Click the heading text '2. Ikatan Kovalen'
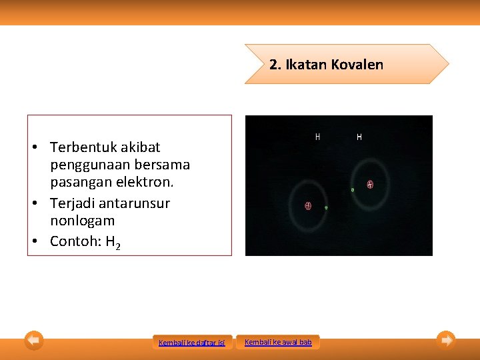[326, 65]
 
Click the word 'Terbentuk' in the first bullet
[79, 147]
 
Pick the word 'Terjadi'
[73, 203]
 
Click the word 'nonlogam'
[82, 221]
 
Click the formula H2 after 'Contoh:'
[113, 242]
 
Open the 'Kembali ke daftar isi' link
[191, 343]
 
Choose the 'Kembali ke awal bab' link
[278, 342]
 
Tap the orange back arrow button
[34, 341]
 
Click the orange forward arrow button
[447, 340]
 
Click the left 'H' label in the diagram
[317, 137]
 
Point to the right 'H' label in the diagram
[359, 137]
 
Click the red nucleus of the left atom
[308, 206]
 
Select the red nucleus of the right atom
[369, 184]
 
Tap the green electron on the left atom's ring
[326, 208]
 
